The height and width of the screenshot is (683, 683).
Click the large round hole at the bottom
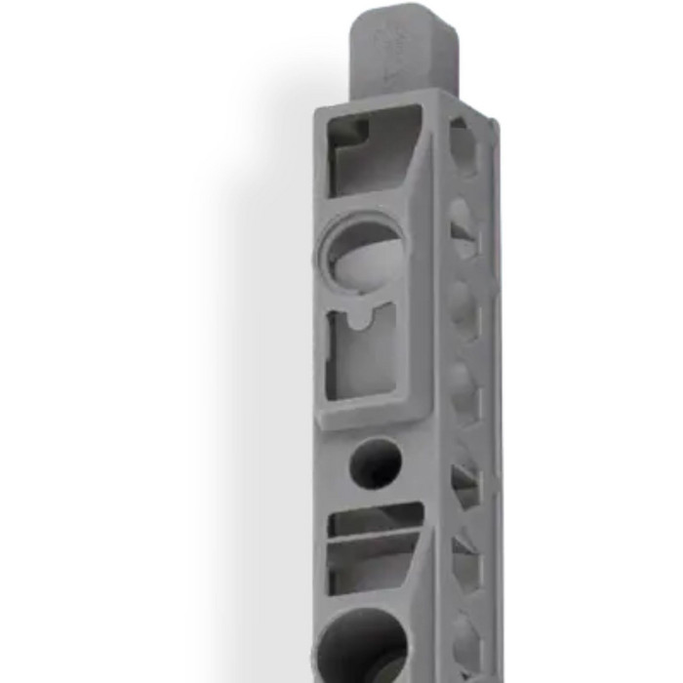362,644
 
